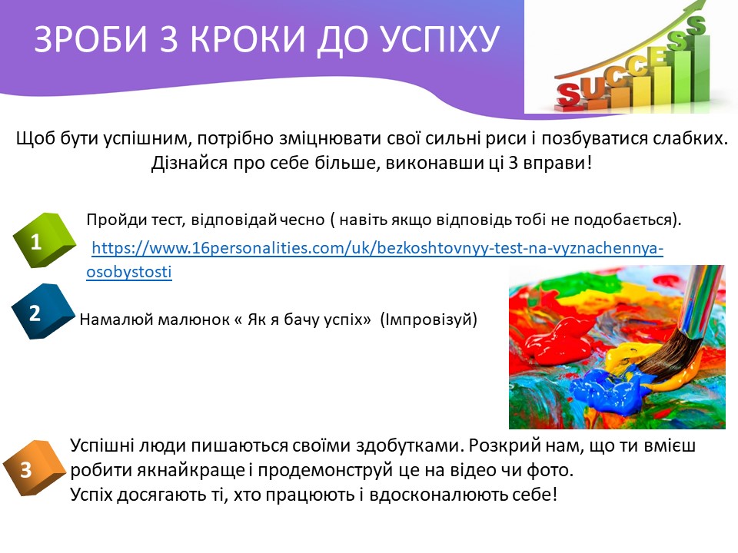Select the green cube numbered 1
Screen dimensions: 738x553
pyautogui.click(x=44, y=240)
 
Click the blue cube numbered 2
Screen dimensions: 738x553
pyautogui.click(x=43, y=311)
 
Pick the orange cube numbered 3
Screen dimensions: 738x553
pyautogui.click(x=34, y=468)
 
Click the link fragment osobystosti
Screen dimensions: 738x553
pyautogui.click(x=129, y=272)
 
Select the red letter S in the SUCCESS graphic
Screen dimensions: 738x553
pyautogui.click(x=569, y=93)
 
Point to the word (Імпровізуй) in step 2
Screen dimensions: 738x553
pyautogui.click(x=428, y=320)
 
